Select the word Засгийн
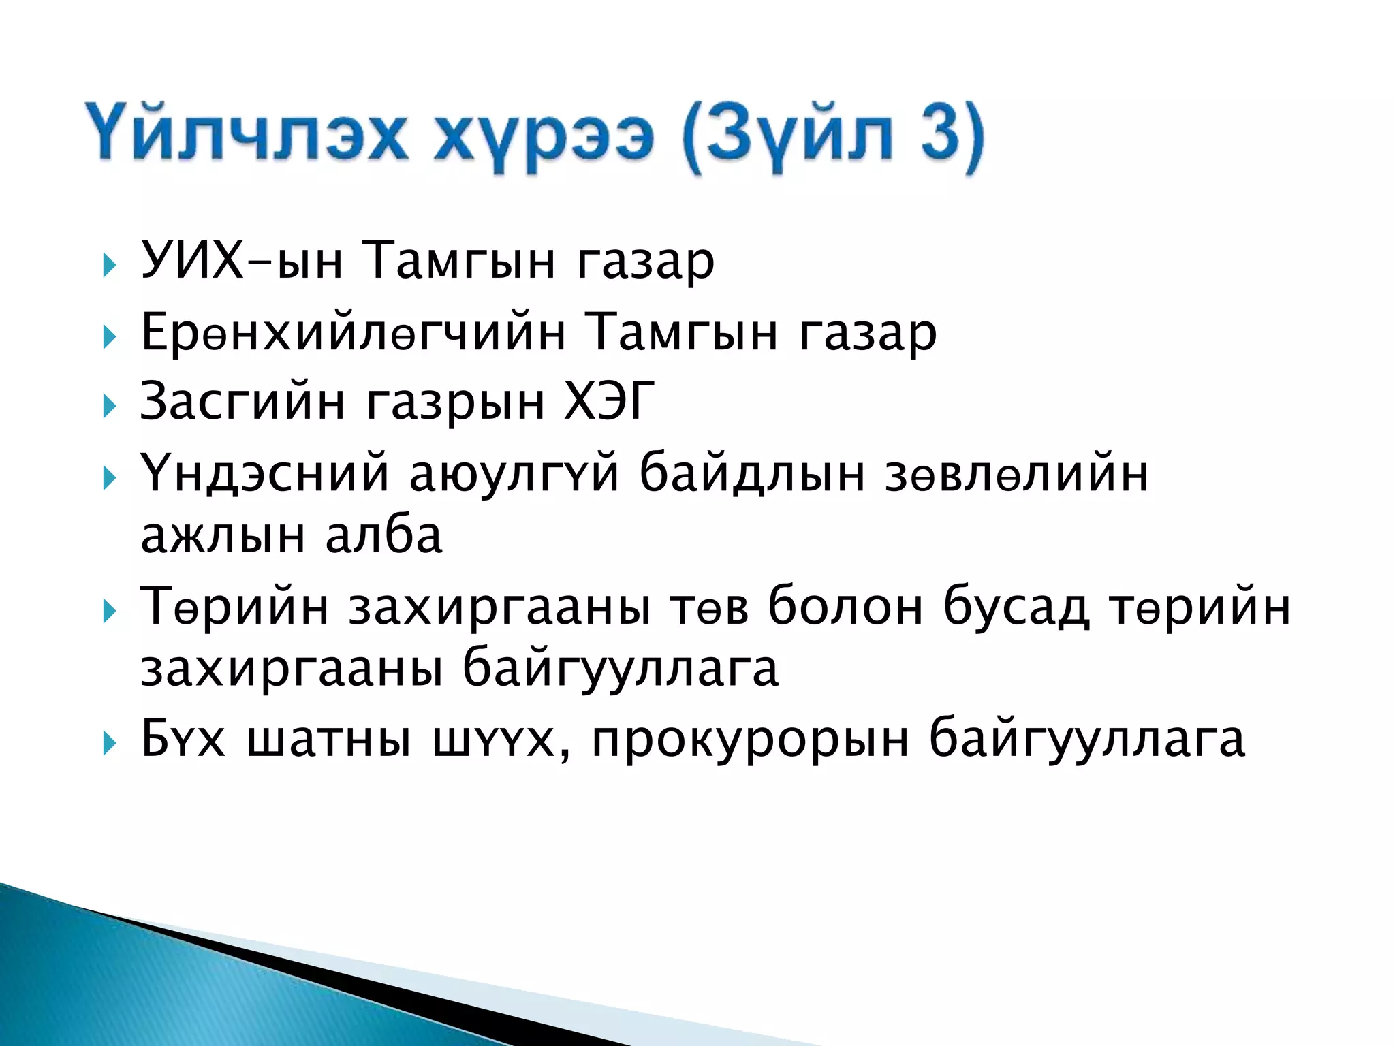(242, 401)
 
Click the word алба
(383, 535)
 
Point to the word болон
(845, 605)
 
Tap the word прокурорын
(750, 739)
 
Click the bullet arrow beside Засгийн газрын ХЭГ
(109, 407)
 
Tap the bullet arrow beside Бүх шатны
(109, 744)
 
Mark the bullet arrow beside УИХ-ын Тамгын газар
(109, 266)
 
